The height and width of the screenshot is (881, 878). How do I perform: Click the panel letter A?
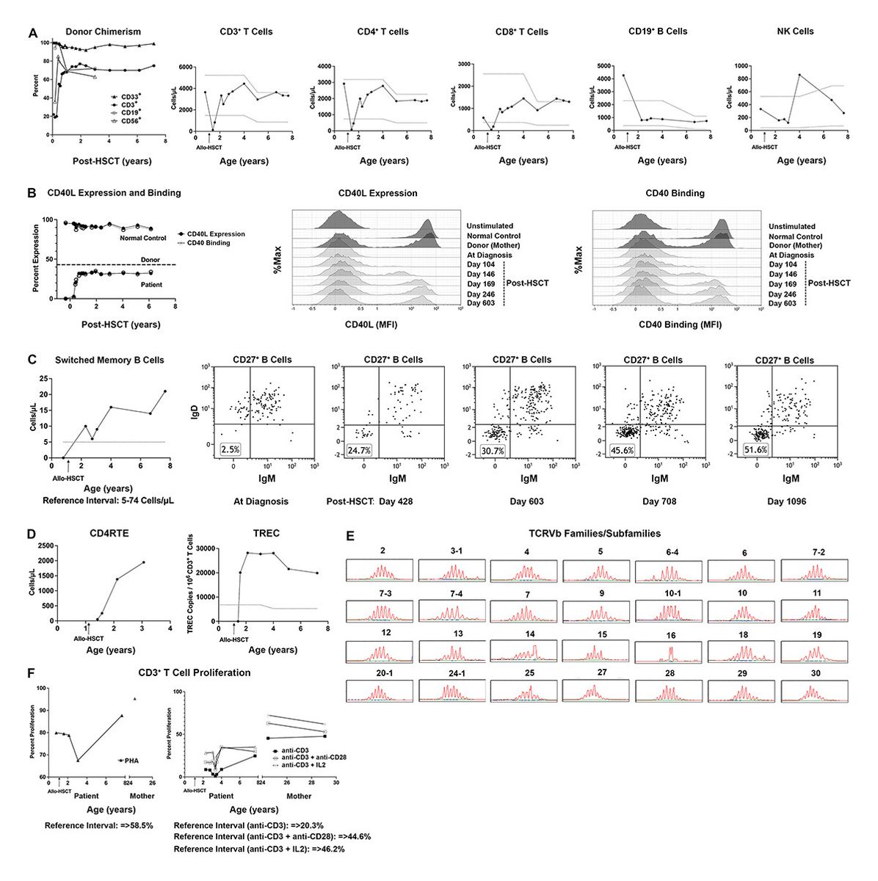pyautogui.click(x=32, y=33)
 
